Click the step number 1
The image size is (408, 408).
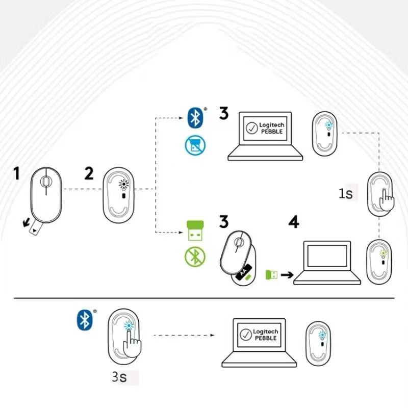[x=17, y=174]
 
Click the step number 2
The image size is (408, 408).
[x=89, y=174]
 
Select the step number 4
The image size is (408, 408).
[x=294, y=222]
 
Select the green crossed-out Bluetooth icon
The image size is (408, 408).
[x=194, y=258]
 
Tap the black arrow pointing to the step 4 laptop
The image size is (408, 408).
[x=287, y=275]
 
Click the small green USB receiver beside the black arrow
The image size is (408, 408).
[x=271, y=275]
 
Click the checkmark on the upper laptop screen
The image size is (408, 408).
[x=251, y=128]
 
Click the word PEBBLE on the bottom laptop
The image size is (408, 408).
[x=265, y=338]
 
